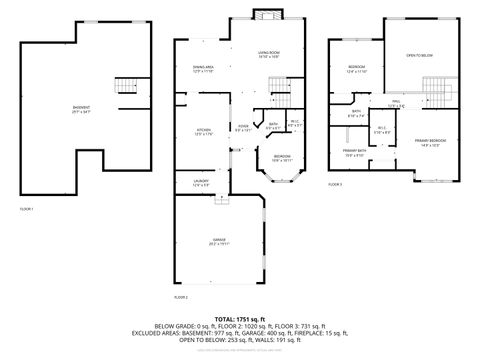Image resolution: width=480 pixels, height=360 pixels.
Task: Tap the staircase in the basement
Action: (x=126, y=88)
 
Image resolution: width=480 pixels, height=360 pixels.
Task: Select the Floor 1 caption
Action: (x=27, y=209)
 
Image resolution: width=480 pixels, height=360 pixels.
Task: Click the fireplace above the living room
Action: (x=265, y=14)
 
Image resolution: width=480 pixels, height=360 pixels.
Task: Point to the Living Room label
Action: (x=268, y=54)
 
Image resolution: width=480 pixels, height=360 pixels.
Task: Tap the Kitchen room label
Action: (x=204, y=131)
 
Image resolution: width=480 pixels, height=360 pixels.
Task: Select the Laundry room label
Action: (x=201, y=182)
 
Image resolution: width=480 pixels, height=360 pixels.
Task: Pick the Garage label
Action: (x=218, y=241)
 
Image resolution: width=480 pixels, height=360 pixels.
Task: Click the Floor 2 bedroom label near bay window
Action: (x=283, y=158)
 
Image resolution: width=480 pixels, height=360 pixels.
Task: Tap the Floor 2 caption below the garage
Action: (x=181, y=298)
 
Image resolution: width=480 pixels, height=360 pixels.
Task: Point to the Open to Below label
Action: (x=418, y=56)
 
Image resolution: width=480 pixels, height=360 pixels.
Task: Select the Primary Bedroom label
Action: (x=428, y=142)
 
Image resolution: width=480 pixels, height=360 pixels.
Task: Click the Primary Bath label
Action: (x=355, y=154)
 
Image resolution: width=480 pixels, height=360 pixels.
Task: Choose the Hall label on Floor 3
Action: (x=396, y=103)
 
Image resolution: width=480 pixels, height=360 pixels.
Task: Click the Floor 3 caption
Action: (x=335, y=185)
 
